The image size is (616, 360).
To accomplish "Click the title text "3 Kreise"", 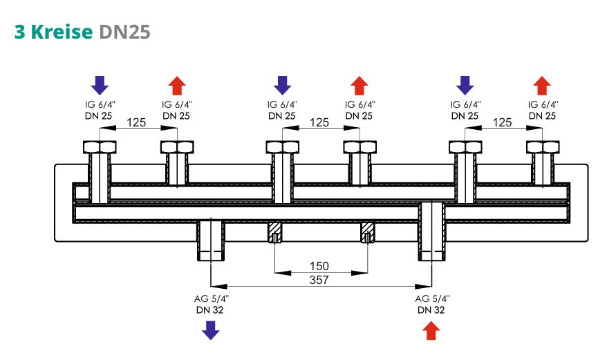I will coord(54,32).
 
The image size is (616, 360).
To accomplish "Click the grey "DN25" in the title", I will coord(124,32).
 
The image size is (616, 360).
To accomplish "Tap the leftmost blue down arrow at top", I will coord(100,85).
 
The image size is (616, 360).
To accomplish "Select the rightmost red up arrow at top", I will coord(542,85).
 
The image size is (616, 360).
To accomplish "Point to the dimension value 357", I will coord(319,280).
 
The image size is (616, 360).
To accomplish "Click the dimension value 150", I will coord(319,266).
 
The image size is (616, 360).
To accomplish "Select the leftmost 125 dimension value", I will coord(138,122).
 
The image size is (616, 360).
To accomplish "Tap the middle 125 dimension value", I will coord(319,122).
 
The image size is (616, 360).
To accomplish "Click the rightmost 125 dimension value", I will coord(503,122).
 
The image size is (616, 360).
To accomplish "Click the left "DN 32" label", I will coord(210,310).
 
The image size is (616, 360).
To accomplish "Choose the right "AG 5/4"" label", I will coord(431,299).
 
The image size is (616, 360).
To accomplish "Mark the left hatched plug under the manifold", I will coord(275,234).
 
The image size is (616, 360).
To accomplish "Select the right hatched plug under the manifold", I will coord(366,234).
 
